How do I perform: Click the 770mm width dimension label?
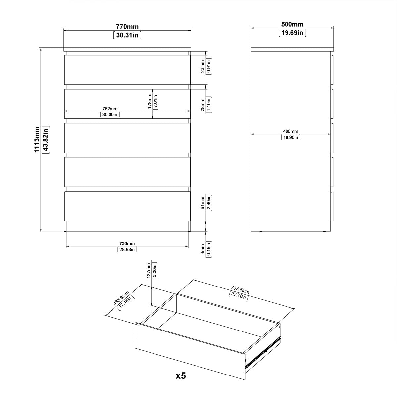pos(127,27)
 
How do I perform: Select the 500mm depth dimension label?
pos(292,24)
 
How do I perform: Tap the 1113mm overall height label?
pos(37,140)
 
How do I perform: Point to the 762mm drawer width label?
pos(109,109)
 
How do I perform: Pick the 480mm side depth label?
pos(291,131)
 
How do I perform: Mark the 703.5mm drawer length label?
pos(239,290)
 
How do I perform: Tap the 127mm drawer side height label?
pos(149,270)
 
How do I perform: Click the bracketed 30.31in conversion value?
pos(127,35)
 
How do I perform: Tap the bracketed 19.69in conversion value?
pos(292,32)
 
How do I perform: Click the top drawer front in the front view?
pos(127,70)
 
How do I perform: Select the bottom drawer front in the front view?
pos(127,206)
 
